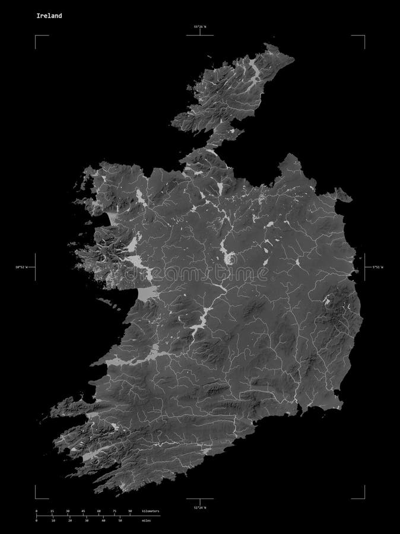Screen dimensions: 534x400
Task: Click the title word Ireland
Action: (x=47, y=16)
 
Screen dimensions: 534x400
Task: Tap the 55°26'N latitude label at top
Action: (x=201, y=27)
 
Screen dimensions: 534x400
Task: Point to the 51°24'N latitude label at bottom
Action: (x=201, y=508)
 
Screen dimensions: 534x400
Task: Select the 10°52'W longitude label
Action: (x=21, y=268)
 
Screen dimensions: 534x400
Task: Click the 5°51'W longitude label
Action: (x=378, y=268)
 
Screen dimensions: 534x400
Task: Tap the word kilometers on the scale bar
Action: (x=151, y=511)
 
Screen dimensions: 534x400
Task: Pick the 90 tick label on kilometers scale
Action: (x=130, y=511)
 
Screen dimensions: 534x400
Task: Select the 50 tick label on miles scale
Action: (x=120, y=520)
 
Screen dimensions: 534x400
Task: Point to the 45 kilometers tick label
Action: (x=83, y=511)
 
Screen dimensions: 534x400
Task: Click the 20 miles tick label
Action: (x=70, y=520)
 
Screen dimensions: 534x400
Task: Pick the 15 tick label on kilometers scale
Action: (x=52, y=511)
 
